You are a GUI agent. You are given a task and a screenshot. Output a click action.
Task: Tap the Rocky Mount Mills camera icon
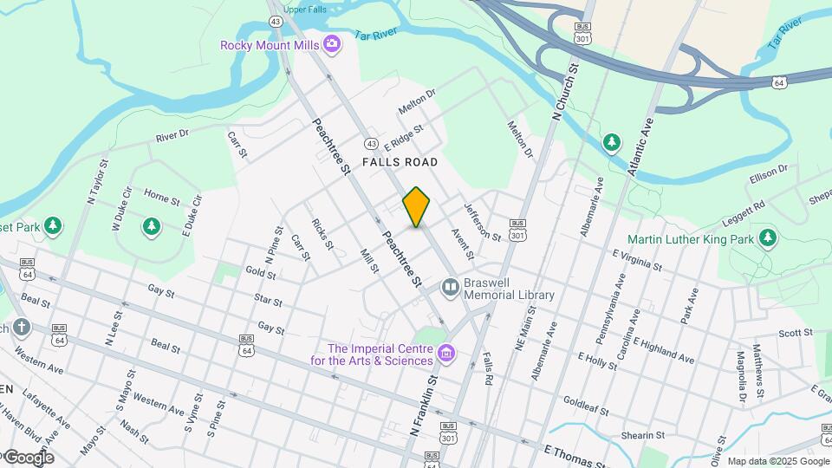(x=332, y=44)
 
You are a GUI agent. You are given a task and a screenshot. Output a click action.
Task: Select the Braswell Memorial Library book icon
(x=450, y=287)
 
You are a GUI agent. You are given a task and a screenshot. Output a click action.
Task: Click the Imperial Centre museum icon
(x=446, y=353)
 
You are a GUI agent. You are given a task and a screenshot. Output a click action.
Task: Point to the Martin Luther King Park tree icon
(x=767, y=237)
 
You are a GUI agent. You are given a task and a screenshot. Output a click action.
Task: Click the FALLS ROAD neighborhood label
(x=400, y=162)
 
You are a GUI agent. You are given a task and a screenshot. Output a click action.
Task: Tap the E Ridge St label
(x=405, y=137)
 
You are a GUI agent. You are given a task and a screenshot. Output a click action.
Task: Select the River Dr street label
(x=172, y=136)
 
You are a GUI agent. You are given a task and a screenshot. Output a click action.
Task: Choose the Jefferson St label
(x=482, y=222)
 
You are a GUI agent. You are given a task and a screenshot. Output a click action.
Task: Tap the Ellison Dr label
(x=770, y=173)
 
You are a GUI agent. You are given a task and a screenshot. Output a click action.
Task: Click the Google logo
(x=28, y=458)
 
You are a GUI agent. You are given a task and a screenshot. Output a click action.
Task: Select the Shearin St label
(x=641, y=434)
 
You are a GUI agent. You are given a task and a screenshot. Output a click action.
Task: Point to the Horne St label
(x=161, y=197)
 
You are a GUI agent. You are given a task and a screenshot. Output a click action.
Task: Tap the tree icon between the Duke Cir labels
(x=152, y=227)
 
